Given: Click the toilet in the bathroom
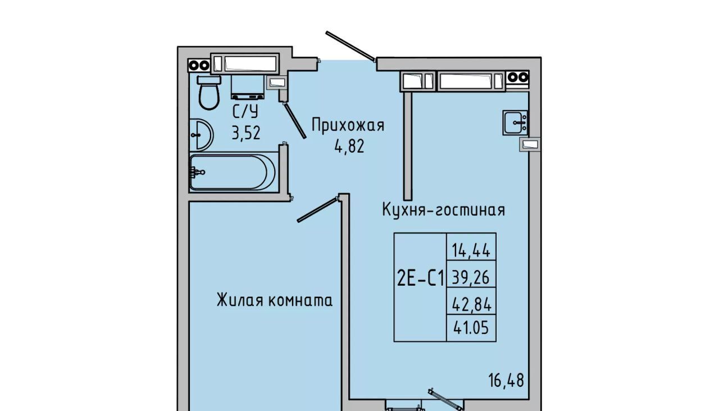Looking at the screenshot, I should pyautogui.click(x=210, y=94).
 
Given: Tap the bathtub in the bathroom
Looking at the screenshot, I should pyautogui.click(x=233, y=172).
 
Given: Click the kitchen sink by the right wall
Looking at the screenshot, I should pyautogui.click(x=515, y=123).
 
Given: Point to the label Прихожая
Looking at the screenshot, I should pyautogui.click(x=348, y=125).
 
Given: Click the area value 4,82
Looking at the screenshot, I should pyautogui.click(x=350, y=147).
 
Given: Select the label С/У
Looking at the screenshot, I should pyautogui.click(x=245, y=111).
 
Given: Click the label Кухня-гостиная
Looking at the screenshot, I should pyautogui.click(x=443, y=210).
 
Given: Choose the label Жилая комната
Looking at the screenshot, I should pyautogui.click(x=275, y=301).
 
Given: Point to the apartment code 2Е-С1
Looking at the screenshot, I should pyautogui.click(x=420, y=279).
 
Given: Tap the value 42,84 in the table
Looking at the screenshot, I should pyautogui.click(x=471, y=305).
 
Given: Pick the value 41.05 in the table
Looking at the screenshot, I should pyautogui.click(x=471, y=328).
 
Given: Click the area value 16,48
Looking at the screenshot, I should pyautogui.click(x=506, y=380).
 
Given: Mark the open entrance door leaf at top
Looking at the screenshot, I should pyautogui.click(x=351, y=46).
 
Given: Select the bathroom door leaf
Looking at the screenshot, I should pyautogui.click(x=294, y=120).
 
